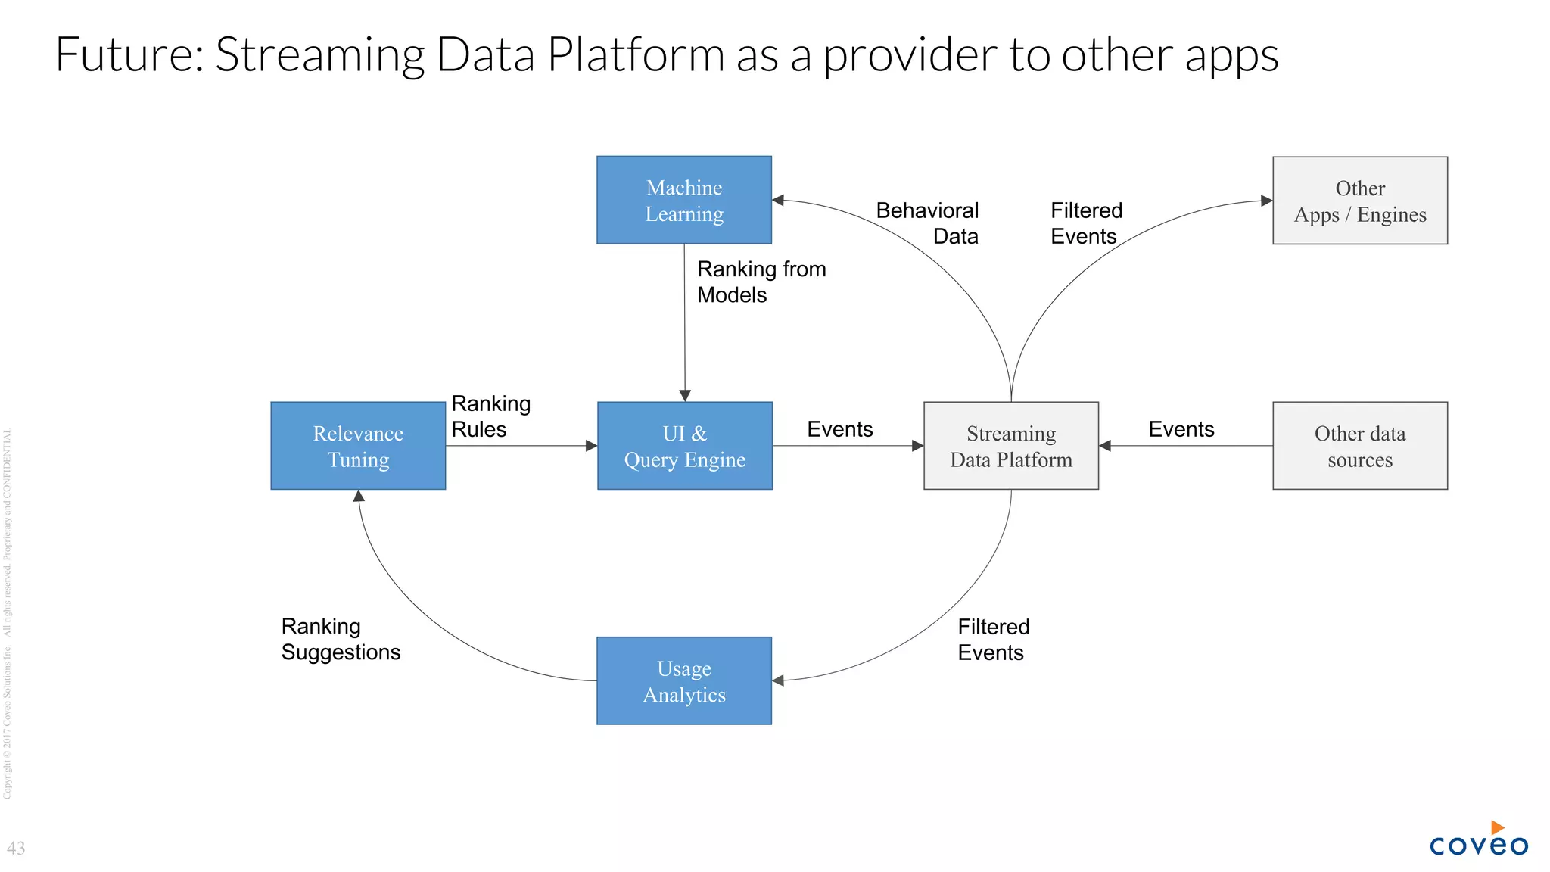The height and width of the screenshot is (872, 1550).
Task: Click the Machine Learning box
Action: (684, 200)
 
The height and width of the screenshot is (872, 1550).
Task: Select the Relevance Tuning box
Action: (358, 446)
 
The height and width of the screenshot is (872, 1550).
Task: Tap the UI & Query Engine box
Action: (684, 446)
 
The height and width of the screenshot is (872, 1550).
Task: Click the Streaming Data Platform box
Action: (1010, 446)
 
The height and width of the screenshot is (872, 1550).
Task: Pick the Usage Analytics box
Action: (684, 680)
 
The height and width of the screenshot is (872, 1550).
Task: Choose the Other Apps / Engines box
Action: (1359, 201)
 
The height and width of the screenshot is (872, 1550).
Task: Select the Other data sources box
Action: (1359, 446)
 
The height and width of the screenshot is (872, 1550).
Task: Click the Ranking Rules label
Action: (490, 416)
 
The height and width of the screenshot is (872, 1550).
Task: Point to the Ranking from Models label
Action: (760, 282)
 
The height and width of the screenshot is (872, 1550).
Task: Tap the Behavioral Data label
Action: (928, 223)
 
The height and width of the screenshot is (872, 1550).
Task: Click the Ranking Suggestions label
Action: (340, 639)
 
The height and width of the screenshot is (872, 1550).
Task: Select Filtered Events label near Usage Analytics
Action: (993, 640)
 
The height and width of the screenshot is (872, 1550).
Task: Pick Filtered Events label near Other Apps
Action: (1085, 223)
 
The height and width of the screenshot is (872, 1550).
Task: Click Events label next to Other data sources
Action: (1181, 429)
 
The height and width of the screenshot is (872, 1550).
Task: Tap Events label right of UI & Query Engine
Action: (839, 429)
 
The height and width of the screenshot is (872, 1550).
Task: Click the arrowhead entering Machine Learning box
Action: (778, 201)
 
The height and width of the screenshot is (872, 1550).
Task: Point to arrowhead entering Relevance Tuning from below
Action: (359, 496)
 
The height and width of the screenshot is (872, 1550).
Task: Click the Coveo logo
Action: (1478, 839)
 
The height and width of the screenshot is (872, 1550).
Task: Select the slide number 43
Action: (16, 848)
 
